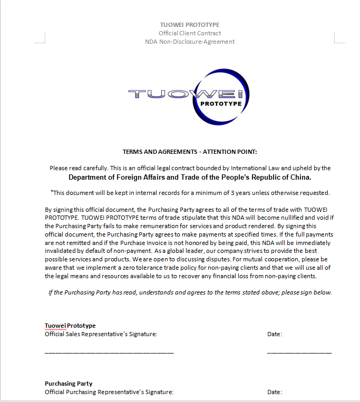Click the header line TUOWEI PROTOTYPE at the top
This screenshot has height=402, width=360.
click(190, 25)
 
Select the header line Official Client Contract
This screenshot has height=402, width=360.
click(190, 33)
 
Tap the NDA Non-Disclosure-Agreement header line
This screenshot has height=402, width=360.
click(190, 42)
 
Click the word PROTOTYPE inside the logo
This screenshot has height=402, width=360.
click(221, 104)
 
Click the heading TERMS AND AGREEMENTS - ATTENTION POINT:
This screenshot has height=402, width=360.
click(190, 152)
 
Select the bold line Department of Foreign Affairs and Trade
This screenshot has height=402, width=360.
click(190, 178)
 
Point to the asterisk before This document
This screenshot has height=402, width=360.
click(52, 192)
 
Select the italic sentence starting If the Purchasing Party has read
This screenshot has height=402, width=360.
click(190, 292)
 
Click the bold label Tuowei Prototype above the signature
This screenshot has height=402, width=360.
click(70, 326)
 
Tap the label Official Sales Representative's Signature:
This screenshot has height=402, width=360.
click(101, 334)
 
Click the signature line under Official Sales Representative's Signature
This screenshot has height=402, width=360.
click(109, 352)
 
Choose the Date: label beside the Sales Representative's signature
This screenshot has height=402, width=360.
click(275, 334)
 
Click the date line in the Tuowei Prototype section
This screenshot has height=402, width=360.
click(299, 352)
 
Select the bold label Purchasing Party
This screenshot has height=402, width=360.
click(69, 384)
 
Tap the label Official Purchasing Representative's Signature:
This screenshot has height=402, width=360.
click(109, 392)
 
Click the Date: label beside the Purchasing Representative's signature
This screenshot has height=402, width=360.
click(275, 392)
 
